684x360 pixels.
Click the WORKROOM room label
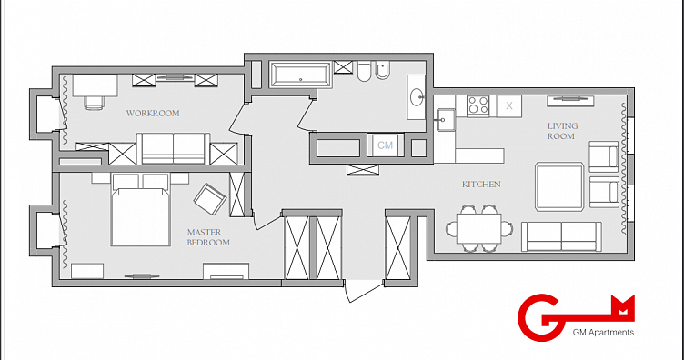pos(153,114)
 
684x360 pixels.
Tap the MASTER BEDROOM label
pos(208,237)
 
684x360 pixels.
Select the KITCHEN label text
pos(481,185)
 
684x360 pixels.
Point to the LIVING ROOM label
pos(562,131)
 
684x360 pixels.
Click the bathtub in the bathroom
pos(300,75)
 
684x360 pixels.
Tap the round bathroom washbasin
pos(417,96)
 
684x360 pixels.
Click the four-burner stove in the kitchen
pos(478,105)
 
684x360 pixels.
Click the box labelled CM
pos(385,145)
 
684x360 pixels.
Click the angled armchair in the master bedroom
pos(210,199)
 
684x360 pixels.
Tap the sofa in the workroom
pos(174,148)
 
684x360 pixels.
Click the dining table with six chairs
pos(479,228)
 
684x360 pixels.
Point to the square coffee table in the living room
pos(559,187)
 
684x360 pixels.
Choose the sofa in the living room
pos(561,236)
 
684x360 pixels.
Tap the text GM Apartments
pos(603,333)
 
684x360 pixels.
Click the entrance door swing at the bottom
pos(364,292)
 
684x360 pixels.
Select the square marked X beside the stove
pos(509,105)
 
